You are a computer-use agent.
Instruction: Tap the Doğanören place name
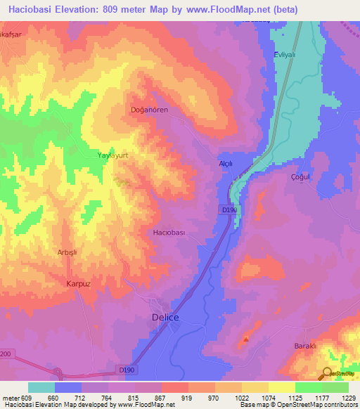(149, 110)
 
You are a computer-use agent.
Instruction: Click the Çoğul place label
(301, 177)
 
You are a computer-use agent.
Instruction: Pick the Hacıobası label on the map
(169, 232)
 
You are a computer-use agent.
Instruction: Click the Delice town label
(166, 318)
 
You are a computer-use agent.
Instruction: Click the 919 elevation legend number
(188, 398)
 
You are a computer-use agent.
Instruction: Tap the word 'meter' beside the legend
(10, 398)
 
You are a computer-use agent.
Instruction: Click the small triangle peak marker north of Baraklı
(246, 339)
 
